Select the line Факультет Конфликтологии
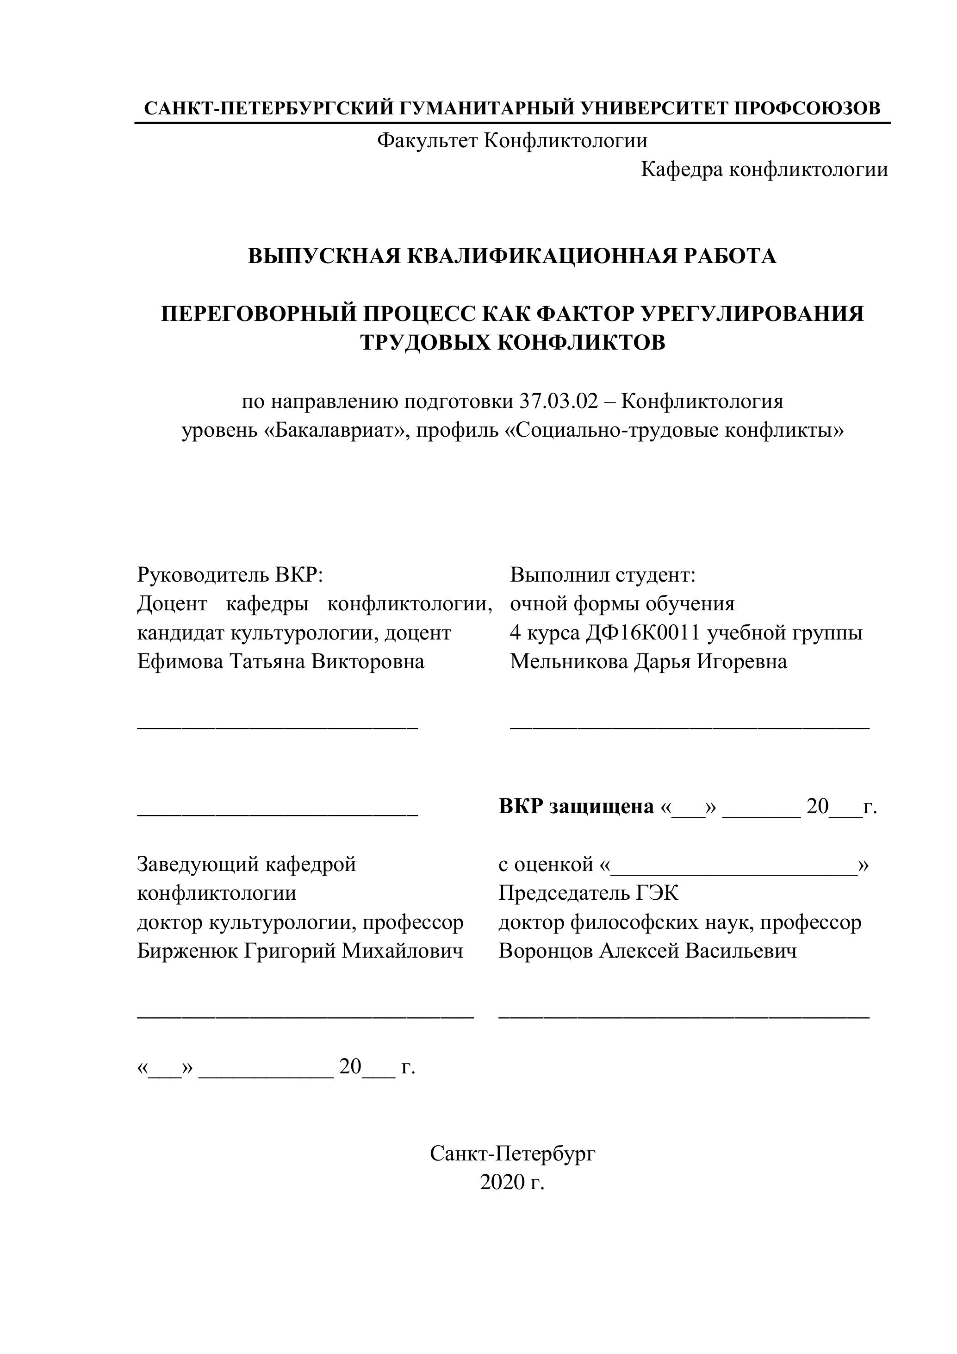click(x=512, y=140)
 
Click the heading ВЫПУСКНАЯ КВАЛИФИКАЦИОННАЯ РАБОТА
click(x=512, y=256)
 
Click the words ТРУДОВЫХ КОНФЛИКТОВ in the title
click(x=512, y=342)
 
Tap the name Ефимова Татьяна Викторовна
click(x=280, y=661)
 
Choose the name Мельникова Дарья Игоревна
click(x=648, y=661)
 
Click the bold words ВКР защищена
click(x=576, y=806)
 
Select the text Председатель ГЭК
click(x=588, y=893)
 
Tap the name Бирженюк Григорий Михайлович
click(x=300, y=951)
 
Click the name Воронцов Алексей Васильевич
click(x=647, y=951)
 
